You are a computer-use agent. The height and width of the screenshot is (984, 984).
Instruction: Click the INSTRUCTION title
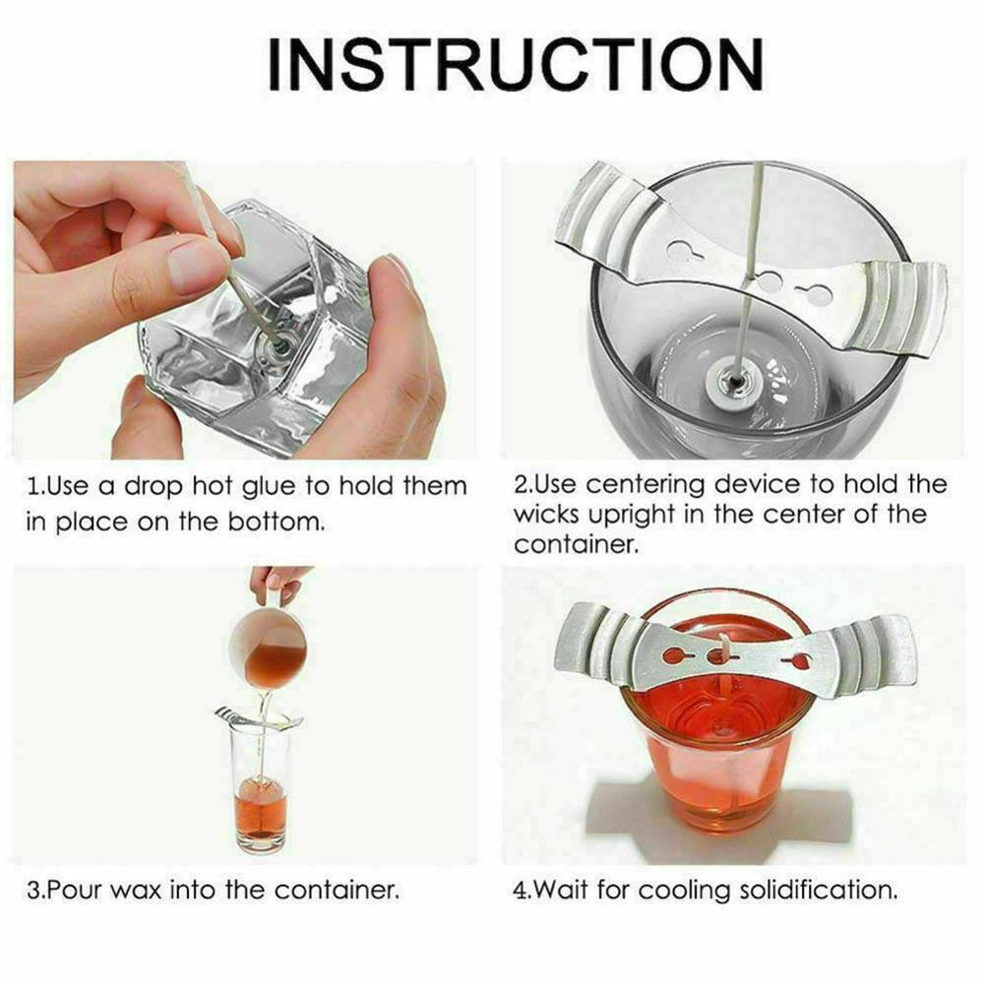click(x=516, y=65)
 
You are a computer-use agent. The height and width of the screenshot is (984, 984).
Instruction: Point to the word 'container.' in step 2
click(x=576, y=544)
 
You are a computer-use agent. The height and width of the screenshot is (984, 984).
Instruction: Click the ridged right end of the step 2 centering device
click(x=901, y=306)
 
